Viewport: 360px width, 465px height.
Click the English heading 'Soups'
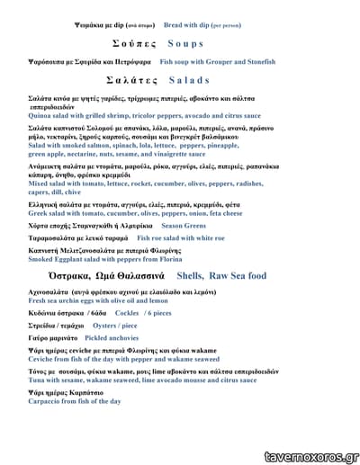coord(185,43)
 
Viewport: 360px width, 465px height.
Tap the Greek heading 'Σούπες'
coord(135,43)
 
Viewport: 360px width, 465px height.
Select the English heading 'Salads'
coord(189,80)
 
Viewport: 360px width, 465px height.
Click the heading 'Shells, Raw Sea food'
coord(221,275)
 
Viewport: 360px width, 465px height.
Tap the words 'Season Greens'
coord(184,225)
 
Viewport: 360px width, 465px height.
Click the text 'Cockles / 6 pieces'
coord(143,312)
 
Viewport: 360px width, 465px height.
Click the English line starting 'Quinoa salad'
coord(144,116)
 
